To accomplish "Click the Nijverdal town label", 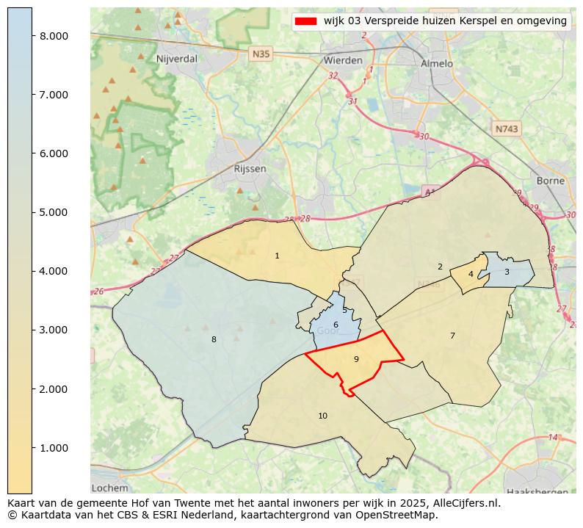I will pos(175,58).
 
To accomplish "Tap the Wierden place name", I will pos(343,60).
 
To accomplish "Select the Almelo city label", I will pos(437,63).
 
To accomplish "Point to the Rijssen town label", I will pos(250,168).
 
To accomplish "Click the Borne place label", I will pos(551,180).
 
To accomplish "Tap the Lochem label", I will pos(110,488).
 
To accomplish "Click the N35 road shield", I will pos(261,54).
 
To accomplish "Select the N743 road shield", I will pos(507,129).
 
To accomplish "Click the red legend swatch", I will pos(305,21).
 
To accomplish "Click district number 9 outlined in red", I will pos(356,359).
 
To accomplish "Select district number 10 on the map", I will pos(322,416).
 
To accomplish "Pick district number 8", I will pos(214,339).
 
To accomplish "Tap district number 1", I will pos(277,256).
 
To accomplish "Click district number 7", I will pos(452,336).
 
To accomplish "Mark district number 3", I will pos(507,272).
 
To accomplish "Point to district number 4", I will pos(471,275).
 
